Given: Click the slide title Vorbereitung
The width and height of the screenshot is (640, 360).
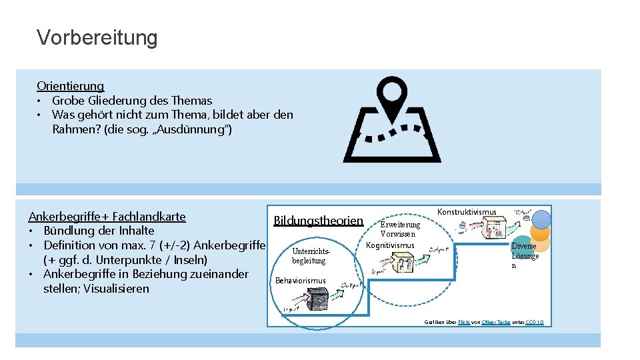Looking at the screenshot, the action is coord(97,37).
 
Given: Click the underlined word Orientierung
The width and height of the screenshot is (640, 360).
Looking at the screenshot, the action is coord(71,86).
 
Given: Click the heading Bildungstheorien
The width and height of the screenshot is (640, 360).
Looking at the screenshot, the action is coord(319,220).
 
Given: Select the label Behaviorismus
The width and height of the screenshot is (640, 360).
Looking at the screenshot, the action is coord(301,280).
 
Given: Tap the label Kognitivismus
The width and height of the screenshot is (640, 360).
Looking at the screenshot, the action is coord(391,245).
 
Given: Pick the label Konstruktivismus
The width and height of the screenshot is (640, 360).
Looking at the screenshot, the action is coord(467,212).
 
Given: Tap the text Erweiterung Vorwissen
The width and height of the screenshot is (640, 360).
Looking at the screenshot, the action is coord(399,229).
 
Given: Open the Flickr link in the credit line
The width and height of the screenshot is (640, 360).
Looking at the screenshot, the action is coord(464,322).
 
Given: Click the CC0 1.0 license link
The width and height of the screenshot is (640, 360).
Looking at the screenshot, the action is coord(534,322).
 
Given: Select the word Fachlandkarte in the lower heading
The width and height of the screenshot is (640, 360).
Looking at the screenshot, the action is coord(149,217).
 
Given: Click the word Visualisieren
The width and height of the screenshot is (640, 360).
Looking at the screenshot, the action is coord(117,289).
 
